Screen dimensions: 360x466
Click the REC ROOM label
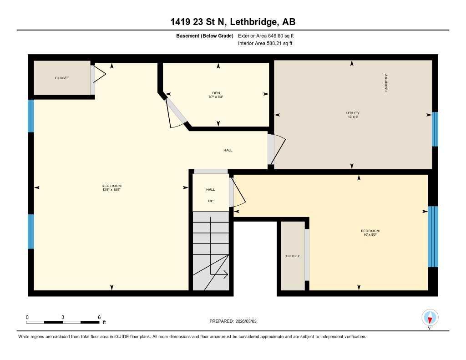111,186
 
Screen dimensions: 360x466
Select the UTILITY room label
353,113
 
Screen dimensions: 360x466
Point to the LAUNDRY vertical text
386,83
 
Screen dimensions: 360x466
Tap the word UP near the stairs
210,201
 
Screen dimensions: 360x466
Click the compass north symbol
430,317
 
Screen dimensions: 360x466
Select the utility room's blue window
435,129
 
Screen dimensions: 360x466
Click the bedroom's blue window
433,237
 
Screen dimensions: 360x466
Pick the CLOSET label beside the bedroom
293,256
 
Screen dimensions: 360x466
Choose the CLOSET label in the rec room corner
62,78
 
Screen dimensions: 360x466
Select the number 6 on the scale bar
99,317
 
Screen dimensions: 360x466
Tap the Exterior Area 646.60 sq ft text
268,35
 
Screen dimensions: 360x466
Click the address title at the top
233,22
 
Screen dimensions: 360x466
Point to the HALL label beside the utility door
228,150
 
